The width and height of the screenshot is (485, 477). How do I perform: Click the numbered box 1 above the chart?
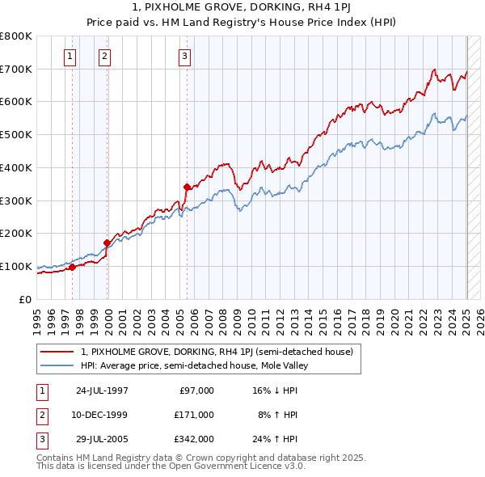click(x=70, y=56)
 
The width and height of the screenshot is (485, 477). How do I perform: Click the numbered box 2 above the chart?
click(x=105, y=56)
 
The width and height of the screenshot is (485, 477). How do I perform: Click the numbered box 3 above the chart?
click(x=184, y=56)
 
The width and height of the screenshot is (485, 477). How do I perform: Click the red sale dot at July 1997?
click(x=72, y=267)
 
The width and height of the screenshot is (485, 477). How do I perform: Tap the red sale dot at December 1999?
click(x=107, y=243)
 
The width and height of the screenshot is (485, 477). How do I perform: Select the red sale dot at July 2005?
click(x=187, y=186)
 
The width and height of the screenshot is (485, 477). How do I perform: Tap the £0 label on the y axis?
click(x=26, y=299)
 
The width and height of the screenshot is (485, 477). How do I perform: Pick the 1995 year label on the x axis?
click(x=37, y=319)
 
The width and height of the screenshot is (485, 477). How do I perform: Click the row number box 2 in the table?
click(x=41, y=414)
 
